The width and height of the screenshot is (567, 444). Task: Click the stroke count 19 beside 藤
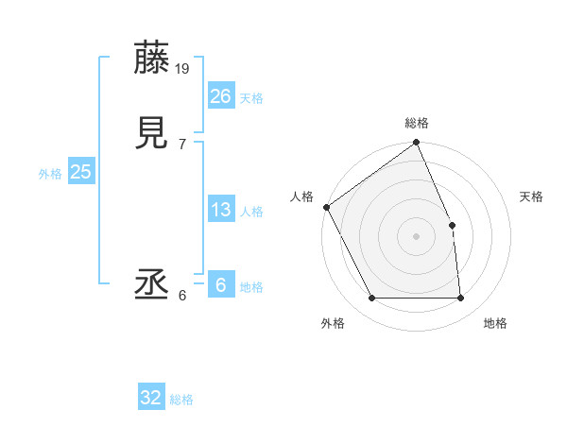(x=183, y=68)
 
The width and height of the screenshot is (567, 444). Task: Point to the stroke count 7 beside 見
(x=182, y=144)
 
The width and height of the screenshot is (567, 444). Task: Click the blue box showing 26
(x=220, y=96)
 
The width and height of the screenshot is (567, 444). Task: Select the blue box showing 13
(x=220, y=210)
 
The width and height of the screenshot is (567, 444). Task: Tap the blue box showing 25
(x=81, y=172)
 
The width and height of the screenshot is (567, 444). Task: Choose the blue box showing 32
(x=151, y=398)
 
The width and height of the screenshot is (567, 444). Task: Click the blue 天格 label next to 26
(x=251, y=98)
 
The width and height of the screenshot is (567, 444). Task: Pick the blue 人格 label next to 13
(x=251, y=212)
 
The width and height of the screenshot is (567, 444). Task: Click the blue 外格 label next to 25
(x=50, y=174)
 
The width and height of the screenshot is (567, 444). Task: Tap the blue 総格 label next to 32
(x=181, y=400)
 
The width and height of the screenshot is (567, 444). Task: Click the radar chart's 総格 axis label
(x=417, y=123)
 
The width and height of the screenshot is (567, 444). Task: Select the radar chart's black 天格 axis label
(x=532, y=196)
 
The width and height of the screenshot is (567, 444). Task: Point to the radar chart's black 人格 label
(x=302, y=196)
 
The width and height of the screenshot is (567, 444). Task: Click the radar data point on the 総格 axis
(x=417, y=144)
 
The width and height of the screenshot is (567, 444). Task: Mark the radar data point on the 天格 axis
(x=452, y=225)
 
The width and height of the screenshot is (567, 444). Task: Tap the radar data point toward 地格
(x=461, y=299)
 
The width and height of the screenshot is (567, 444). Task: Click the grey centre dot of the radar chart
(x=417, y=236)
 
